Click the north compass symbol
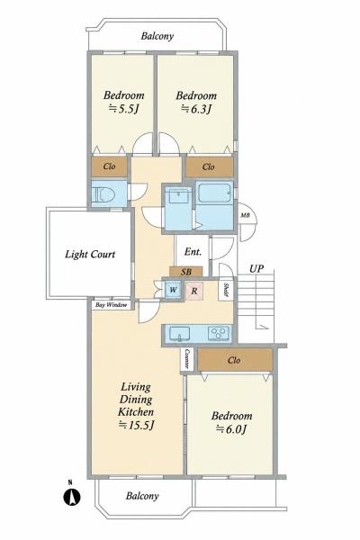(72, 494)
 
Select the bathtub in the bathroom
(214, 193)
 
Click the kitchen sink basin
(179, 333)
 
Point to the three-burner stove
(219, 333)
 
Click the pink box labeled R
(194, 291)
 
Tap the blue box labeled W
(174, 290)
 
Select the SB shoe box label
(186, 272)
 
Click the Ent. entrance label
(193, 252)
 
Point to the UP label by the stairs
(256, 268)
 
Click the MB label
(245, 216)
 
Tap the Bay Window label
(111, 305)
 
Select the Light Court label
(90, 254)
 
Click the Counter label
(187, 359)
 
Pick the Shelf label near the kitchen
(226, 290)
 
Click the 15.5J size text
(136, 426)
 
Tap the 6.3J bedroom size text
(196, 109)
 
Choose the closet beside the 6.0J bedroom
(235, 360)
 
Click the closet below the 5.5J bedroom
(109, 166)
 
